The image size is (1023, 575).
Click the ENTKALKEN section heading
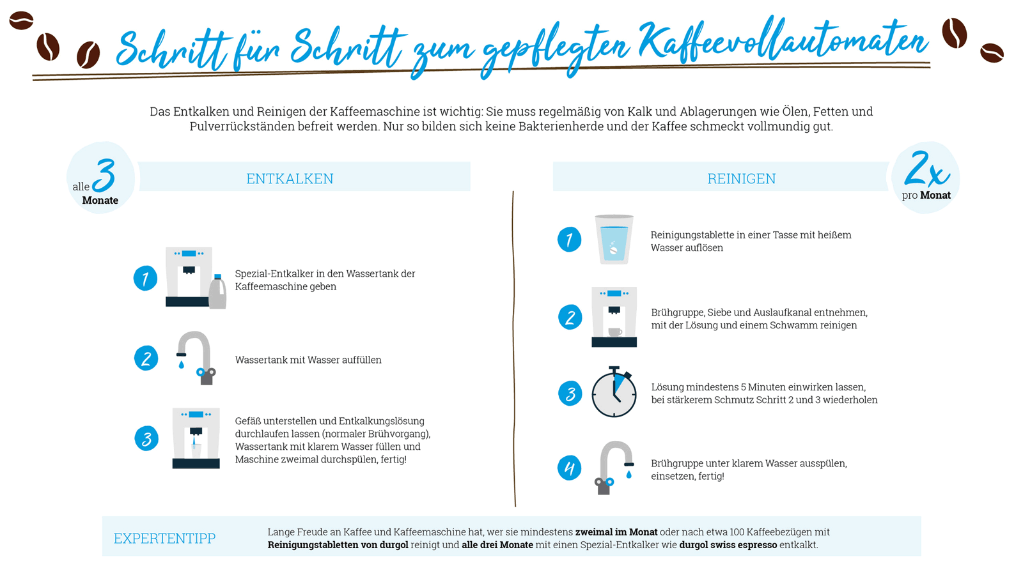[290, 178]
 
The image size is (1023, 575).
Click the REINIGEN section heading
[741, 178]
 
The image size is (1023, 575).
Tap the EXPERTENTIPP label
[164, 538]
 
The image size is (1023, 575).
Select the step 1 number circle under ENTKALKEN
[146, 279]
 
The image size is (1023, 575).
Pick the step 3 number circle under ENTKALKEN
[146, 438]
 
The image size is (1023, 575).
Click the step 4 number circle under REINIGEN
[569, 468]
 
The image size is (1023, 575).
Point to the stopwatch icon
[614, 393]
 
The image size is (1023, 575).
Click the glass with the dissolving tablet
[614, 240]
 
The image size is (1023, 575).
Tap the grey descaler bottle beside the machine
[218, 293]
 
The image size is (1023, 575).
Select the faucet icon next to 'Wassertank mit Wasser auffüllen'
[196, 358]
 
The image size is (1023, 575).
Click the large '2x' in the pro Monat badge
[926, 169]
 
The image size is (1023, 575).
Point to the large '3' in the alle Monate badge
[104, 175]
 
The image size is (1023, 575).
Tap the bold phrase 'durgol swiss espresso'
[728, 545]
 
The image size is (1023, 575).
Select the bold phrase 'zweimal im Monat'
[616, 532]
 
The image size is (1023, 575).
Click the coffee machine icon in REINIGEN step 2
[614, 317]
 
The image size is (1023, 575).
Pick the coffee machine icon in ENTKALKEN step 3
[196, 438]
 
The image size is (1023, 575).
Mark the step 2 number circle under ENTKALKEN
[146, 358]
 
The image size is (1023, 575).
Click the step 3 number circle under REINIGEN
[570, 394]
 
